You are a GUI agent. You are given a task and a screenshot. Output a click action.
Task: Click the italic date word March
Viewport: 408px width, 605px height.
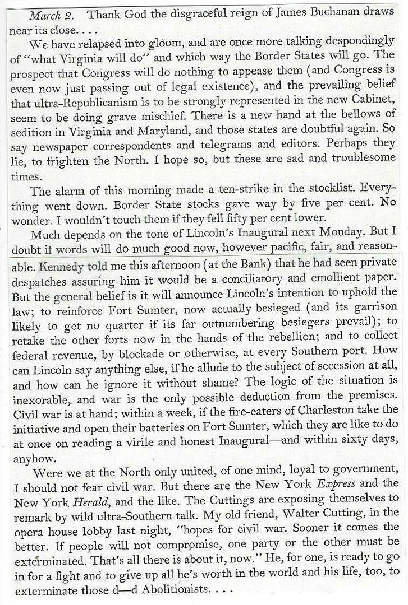(x=43, y=14)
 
